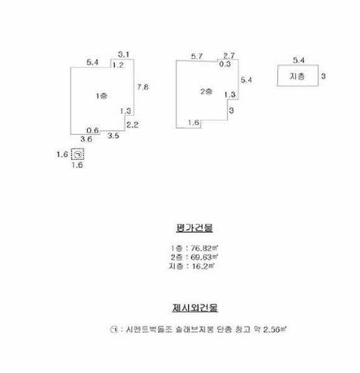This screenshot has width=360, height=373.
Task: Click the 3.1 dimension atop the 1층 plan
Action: pyautogui.click(x=124, y=55)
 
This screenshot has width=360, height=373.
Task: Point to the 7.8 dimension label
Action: pyautogui.click(x=142, y=87)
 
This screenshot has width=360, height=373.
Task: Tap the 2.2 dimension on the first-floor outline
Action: pyautogui.click(x=132, y=125)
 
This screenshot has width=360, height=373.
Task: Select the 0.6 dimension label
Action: pyautogui.click(x=93, y=131)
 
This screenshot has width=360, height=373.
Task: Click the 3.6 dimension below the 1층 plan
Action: pyautogui.click(x=86, y=139)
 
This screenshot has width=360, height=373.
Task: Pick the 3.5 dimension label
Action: pyautogui.click(x=113, y=136)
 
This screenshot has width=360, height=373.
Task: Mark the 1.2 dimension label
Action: pyautogui.click(x=118, y=65)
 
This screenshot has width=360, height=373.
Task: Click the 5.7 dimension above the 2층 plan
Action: pyautogui.click(x=196, y=57)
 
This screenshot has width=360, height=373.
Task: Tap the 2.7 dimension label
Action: pyautogui.click(x=229, y=56)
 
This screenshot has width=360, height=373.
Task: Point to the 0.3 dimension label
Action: pyautogui.click(x=225, y=64)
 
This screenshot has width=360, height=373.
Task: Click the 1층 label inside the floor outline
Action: pyautogui.click(x=101, y=96)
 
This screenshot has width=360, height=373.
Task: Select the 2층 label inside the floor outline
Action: pyautogui.click(x=206, y=91)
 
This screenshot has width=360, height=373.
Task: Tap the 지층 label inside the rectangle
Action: pyautogui.click(x=297, y=76)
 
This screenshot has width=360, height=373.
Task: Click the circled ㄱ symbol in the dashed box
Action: pyautogui.click(x=78, y=155)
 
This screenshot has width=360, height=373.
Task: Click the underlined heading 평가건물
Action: pyautogui.click(x=195, y=228)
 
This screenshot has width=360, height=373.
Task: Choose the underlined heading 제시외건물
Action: pyautogui.click(x=195, y=308)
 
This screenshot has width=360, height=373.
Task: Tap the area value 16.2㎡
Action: pyautogui.click(x=203, y=266)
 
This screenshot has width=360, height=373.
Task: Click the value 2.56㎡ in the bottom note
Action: pyautogui.click(x=275, y=329)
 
